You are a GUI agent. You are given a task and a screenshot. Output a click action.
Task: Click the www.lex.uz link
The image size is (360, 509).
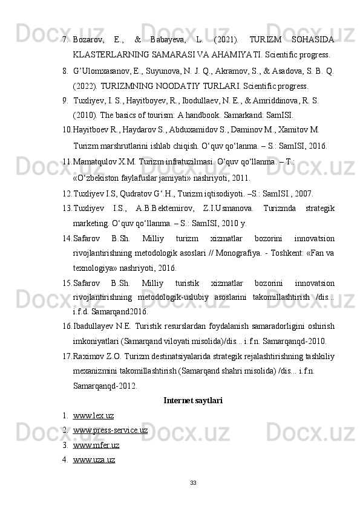pos(93,415)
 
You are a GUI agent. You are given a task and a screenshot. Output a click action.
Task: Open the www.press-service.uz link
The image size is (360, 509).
pos(110,430)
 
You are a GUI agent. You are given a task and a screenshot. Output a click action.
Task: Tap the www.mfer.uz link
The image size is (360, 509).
pos(96,445)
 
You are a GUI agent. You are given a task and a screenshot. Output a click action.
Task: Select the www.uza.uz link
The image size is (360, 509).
pos(94,459)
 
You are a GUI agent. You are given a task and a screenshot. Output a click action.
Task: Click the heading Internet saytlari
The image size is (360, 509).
pos(193,400)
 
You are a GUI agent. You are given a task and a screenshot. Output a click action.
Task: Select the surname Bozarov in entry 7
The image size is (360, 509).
pos(89,39)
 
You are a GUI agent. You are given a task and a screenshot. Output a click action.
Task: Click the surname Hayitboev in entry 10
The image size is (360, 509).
pos(92,129)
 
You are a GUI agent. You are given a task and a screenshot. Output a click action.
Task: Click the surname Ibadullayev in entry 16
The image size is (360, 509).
pos(96,326)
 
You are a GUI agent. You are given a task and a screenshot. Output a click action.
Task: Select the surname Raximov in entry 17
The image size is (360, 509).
pos(90,355)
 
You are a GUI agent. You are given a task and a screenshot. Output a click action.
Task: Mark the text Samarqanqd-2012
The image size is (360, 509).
pos(104,385)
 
